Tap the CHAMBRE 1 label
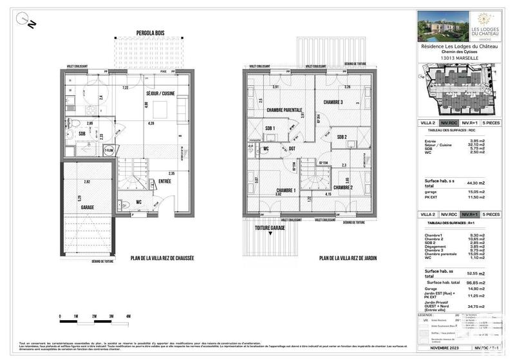coord(285,191)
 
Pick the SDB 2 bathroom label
coord(342,137)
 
